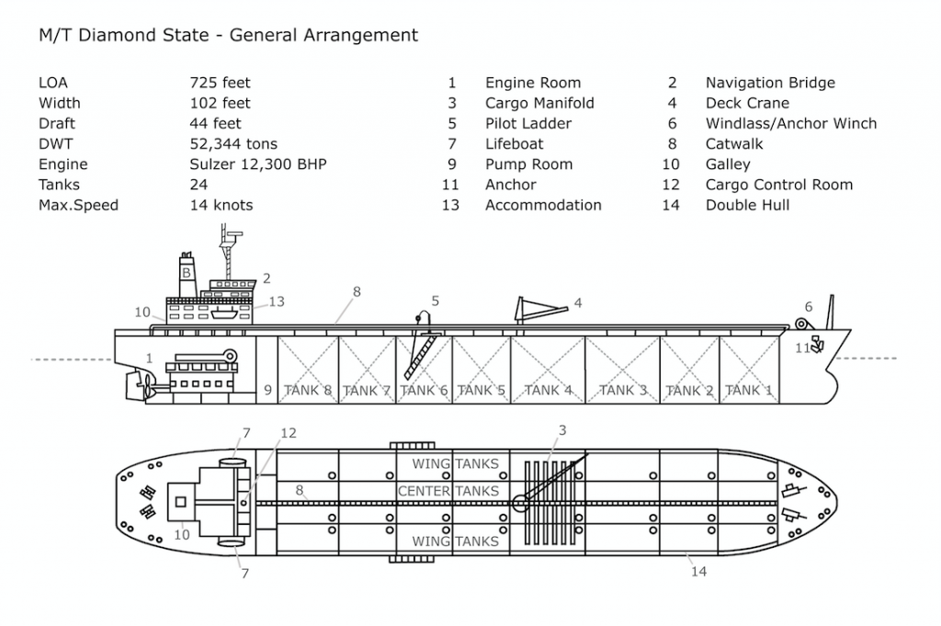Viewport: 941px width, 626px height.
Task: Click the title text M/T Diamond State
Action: click(124, 36)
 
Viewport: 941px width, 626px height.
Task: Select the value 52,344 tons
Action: click(233, 144)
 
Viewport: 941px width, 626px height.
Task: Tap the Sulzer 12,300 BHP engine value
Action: click(258, 165)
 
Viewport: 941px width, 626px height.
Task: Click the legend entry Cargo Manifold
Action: click(539, 103)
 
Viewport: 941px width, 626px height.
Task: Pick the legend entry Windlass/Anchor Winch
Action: click(791, 124)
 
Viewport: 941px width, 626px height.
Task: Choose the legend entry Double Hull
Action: click(747, 205)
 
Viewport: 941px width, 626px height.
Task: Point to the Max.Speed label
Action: click(78, 205)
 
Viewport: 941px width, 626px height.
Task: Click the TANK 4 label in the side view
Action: click(548, 390)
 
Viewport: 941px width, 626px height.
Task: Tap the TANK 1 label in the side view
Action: click(748, 390)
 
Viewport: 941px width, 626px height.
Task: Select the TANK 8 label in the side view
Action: click(307, 390)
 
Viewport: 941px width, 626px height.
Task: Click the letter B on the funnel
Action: click(186, 273)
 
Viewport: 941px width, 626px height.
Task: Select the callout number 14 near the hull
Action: click(698, 572)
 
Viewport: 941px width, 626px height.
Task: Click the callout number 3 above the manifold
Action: click(562, 430)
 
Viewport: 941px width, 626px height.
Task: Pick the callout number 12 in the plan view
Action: click(289, 433)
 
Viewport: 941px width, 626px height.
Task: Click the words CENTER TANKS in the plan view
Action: click(448, 491)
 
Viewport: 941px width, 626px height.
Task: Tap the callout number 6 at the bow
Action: click(809, 307)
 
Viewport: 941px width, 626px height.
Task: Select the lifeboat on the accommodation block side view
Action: click(222, 313)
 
